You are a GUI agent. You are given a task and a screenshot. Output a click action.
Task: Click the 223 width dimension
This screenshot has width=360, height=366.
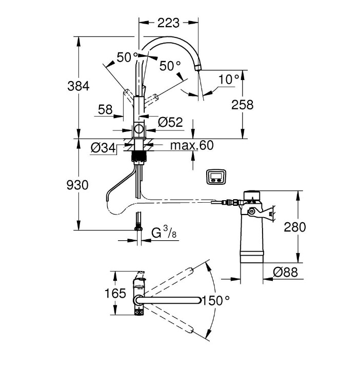[x=169, y=23]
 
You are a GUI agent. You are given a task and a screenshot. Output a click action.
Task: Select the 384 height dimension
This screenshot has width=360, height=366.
[x=78, y=86]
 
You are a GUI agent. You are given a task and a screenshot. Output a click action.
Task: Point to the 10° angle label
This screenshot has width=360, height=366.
[x=229, y=79]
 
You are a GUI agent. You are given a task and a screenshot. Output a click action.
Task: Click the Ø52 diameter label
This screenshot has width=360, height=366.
[x=170, y=122]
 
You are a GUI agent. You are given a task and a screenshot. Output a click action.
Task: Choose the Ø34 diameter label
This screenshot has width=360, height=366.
[x=102, y=148]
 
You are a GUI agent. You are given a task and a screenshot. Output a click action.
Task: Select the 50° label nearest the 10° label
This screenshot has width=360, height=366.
[x=170, y=66]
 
